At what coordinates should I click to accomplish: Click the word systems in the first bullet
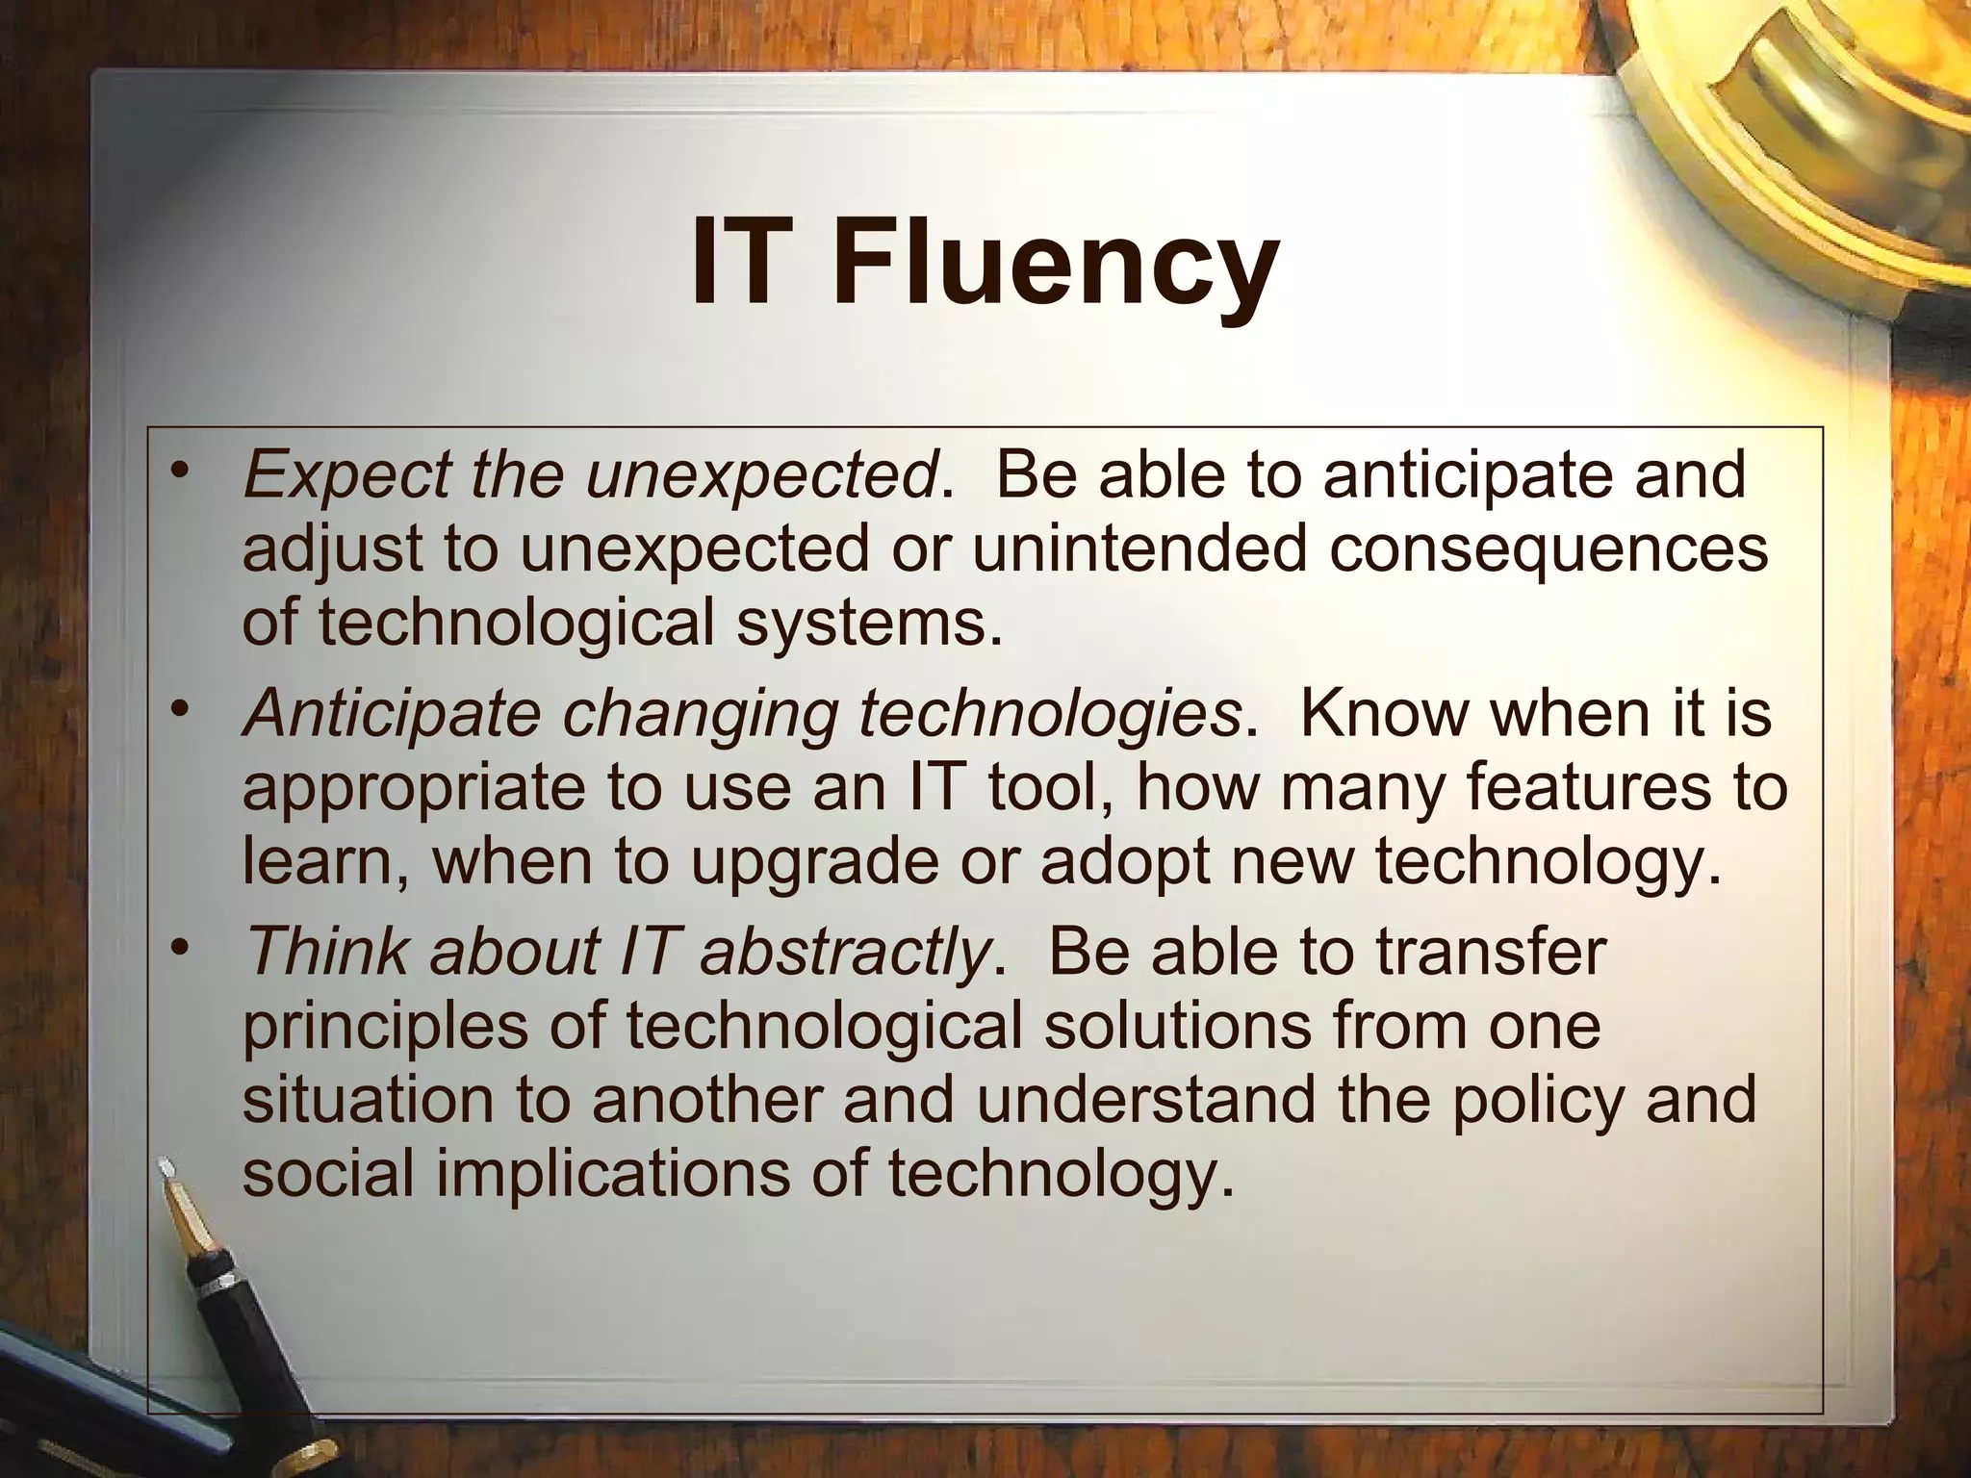(861, 624)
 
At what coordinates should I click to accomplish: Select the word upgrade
(813, 862)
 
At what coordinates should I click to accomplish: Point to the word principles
(385, 1028)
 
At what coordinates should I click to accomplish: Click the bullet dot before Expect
(178, 471)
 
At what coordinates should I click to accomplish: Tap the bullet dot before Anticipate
(178, 710)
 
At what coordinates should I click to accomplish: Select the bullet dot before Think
(178, 949)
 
